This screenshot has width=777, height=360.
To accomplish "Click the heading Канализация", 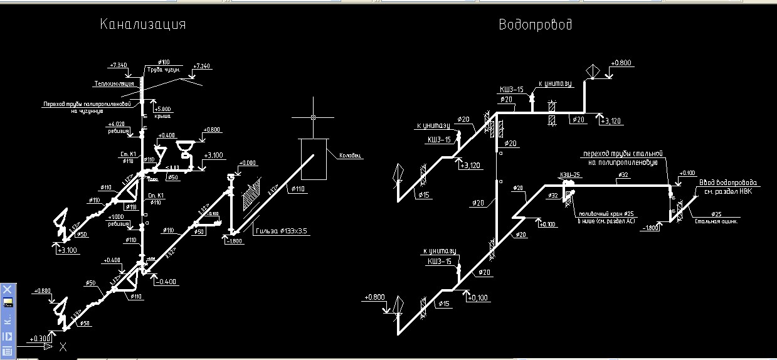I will pyautogui.click(x=143, y=24).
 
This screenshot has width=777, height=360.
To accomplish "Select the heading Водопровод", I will pyautogui.click(x=535, y=24).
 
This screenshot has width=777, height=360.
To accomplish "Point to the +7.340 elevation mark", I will pyautogui.click(x=119, y=65).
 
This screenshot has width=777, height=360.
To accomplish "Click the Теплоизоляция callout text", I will pyautogui.click(x=114, y=83).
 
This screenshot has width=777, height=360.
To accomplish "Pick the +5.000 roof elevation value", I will pyautogui.click(x=162, y=109).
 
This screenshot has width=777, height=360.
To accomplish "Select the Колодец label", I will pyautogui.click(x=351, y=156).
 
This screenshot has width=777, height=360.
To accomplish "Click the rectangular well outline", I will pyautogui.click(x=314, y=159).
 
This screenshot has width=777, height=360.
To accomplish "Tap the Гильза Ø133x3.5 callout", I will pyautogui.click(x=282, y=231).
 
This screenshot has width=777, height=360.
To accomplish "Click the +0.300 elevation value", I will pyautogui.click(x=40, y=339).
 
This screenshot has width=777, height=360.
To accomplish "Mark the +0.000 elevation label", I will pyautogui.click(x=246, y=163).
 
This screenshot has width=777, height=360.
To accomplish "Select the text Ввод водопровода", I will pyautogui.click(x=732, y=183).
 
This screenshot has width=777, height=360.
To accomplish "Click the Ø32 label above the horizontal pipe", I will pyautogui.click(x=623, y=175).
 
